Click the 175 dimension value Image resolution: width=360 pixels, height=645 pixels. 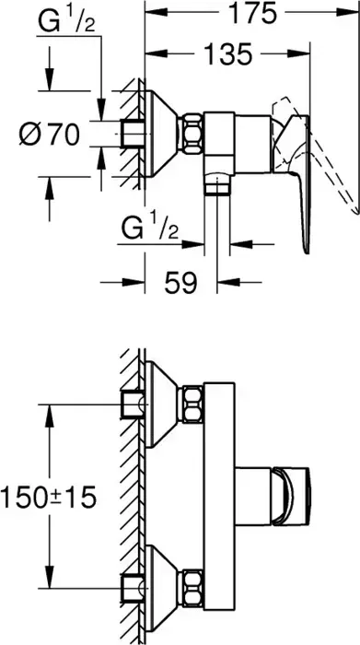click(x=251, y=13)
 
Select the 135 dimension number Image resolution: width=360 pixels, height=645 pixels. click(x=227, y=53)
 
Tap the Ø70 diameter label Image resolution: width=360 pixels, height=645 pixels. click(x=50, y=135)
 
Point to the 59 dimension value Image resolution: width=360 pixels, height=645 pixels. click(x=181, y=283)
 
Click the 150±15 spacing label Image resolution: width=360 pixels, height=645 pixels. click(x=49, y=497)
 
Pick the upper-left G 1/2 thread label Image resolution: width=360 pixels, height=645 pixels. click(x=66, y=22)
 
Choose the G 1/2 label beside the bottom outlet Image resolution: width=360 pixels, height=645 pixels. click(x=150, y=229)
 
